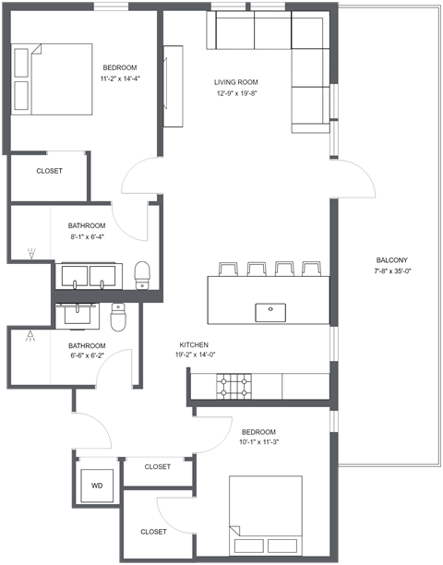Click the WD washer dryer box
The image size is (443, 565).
tap(97, 485)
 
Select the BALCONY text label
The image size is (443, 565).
tap(391, 259)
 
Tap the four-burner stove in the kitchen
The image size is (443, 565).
tap(234, 385)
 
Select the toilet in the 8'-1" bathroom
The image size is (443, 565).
tap(142, 274)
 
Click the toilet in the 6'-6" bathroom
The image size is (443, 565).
tap(118, 317)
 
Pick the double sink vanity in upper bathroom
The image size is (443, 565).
tap(90, 275)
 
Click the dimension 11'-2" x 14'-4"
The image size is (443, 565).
tap(120, 78)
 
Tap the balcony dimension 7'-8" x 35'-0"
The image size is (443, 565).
tap(391, 271)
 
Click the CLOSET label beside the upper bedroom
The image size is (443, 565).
tap(49, 171)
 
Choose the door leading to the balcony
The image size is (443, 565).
tap(356, 181)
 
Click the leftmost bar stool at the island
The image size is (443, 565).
tap(226, 269)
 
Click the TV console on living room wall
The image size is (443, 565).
tap(172, 88)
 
